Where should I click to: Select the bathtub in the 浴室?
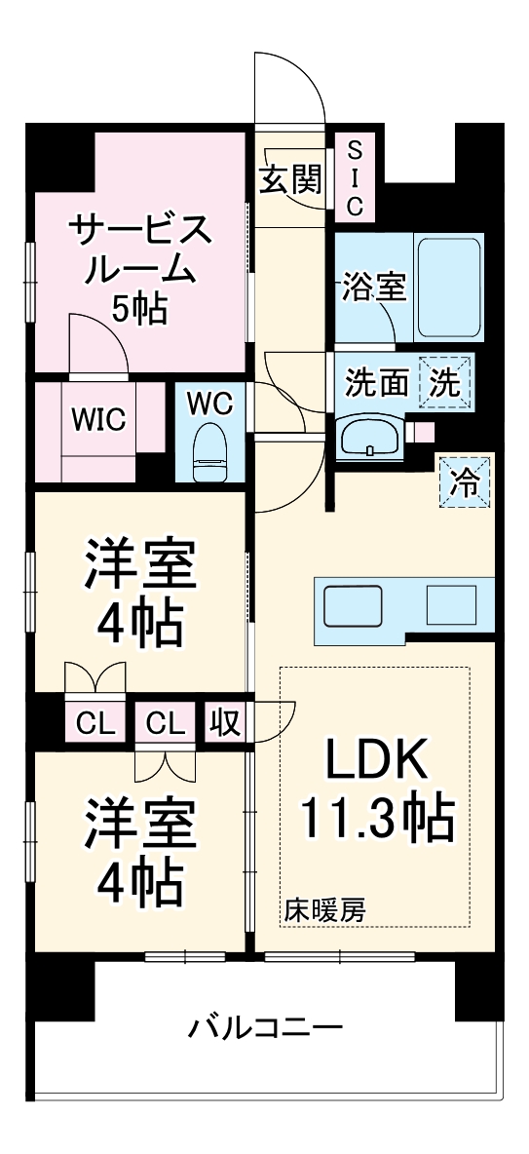[x=449, y=287]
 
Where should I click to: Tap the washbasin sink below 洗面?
[x=369, y=436]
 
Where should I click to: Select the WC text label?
[x=209, y=402]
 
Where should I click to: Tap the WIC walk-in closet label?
[x=97, y=420]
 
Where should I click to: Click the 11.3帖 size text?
[x=377, y=821]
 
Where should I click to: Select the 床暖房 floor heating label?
[x=325, y=910]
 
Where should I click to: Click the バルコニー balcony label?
[x=265, y=1028]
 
